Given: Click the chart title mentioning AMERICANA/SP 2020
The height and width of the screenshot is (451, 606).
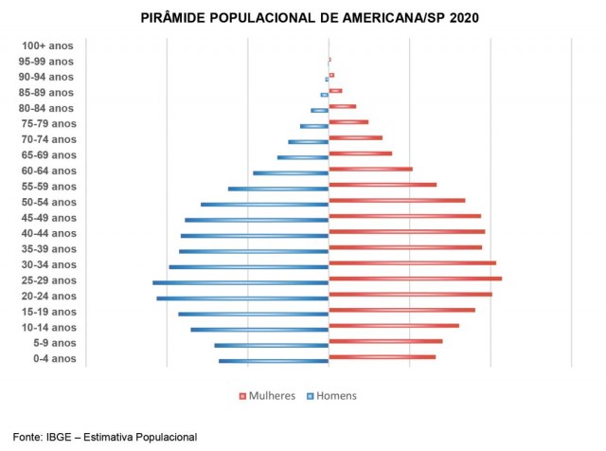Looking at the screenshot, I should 303,18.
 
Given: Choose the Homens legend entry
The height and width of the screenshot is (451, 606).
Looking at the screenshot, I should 332,395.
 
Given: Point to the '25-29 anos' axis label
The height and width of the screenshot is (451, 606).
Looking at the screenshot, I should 47,280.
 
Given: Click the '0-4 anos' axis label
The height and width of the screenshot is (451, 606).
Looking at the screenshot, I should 54,359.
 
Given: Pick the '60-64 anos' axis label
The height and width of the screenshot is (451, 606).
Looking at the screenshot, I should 47,171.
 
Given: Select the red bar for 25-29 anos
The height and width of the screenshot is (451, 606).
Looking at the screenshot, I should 415,279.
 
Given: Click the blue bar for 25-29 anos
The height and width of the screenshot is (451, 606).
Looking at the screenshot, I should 241,282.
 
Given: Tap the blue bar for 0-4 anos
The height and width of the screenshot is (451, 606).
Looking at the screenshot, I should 274,361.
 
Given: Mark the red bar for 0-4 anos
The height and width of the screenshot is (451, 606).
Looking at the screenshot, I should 382,357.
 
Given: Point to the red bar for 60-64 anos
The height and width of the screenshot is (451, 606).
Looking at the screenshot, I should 370,169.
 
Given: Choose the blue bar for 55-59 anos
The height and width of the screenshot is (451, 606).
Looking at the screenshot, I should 278,189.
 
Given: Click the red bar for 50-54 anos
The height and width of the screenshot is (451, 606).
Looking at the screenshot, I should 397,200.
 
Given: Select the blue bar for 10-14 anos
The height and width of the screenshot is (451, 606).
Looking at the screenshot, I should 259,330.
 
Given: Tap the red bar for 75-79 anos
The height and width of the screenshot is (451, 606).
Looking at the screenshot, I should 348,121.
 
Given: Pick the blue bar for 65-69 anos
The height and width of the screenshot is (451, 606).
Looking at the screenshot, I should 303,157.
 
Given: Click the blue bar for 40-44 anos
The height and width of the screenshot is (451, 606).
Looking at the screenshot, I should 255,235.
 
